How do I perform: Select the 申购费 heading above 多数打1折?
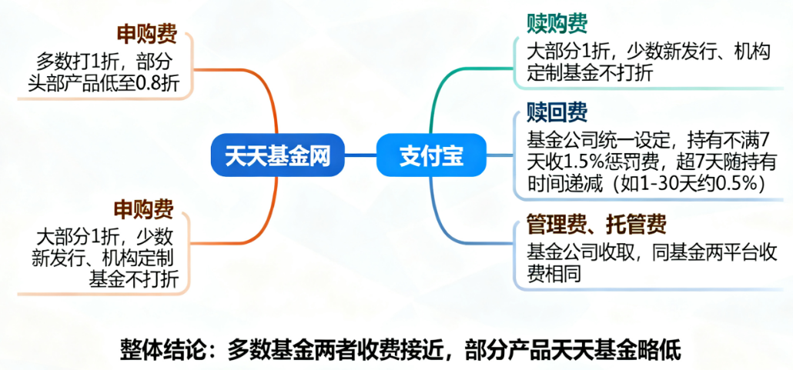[146, 34]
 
